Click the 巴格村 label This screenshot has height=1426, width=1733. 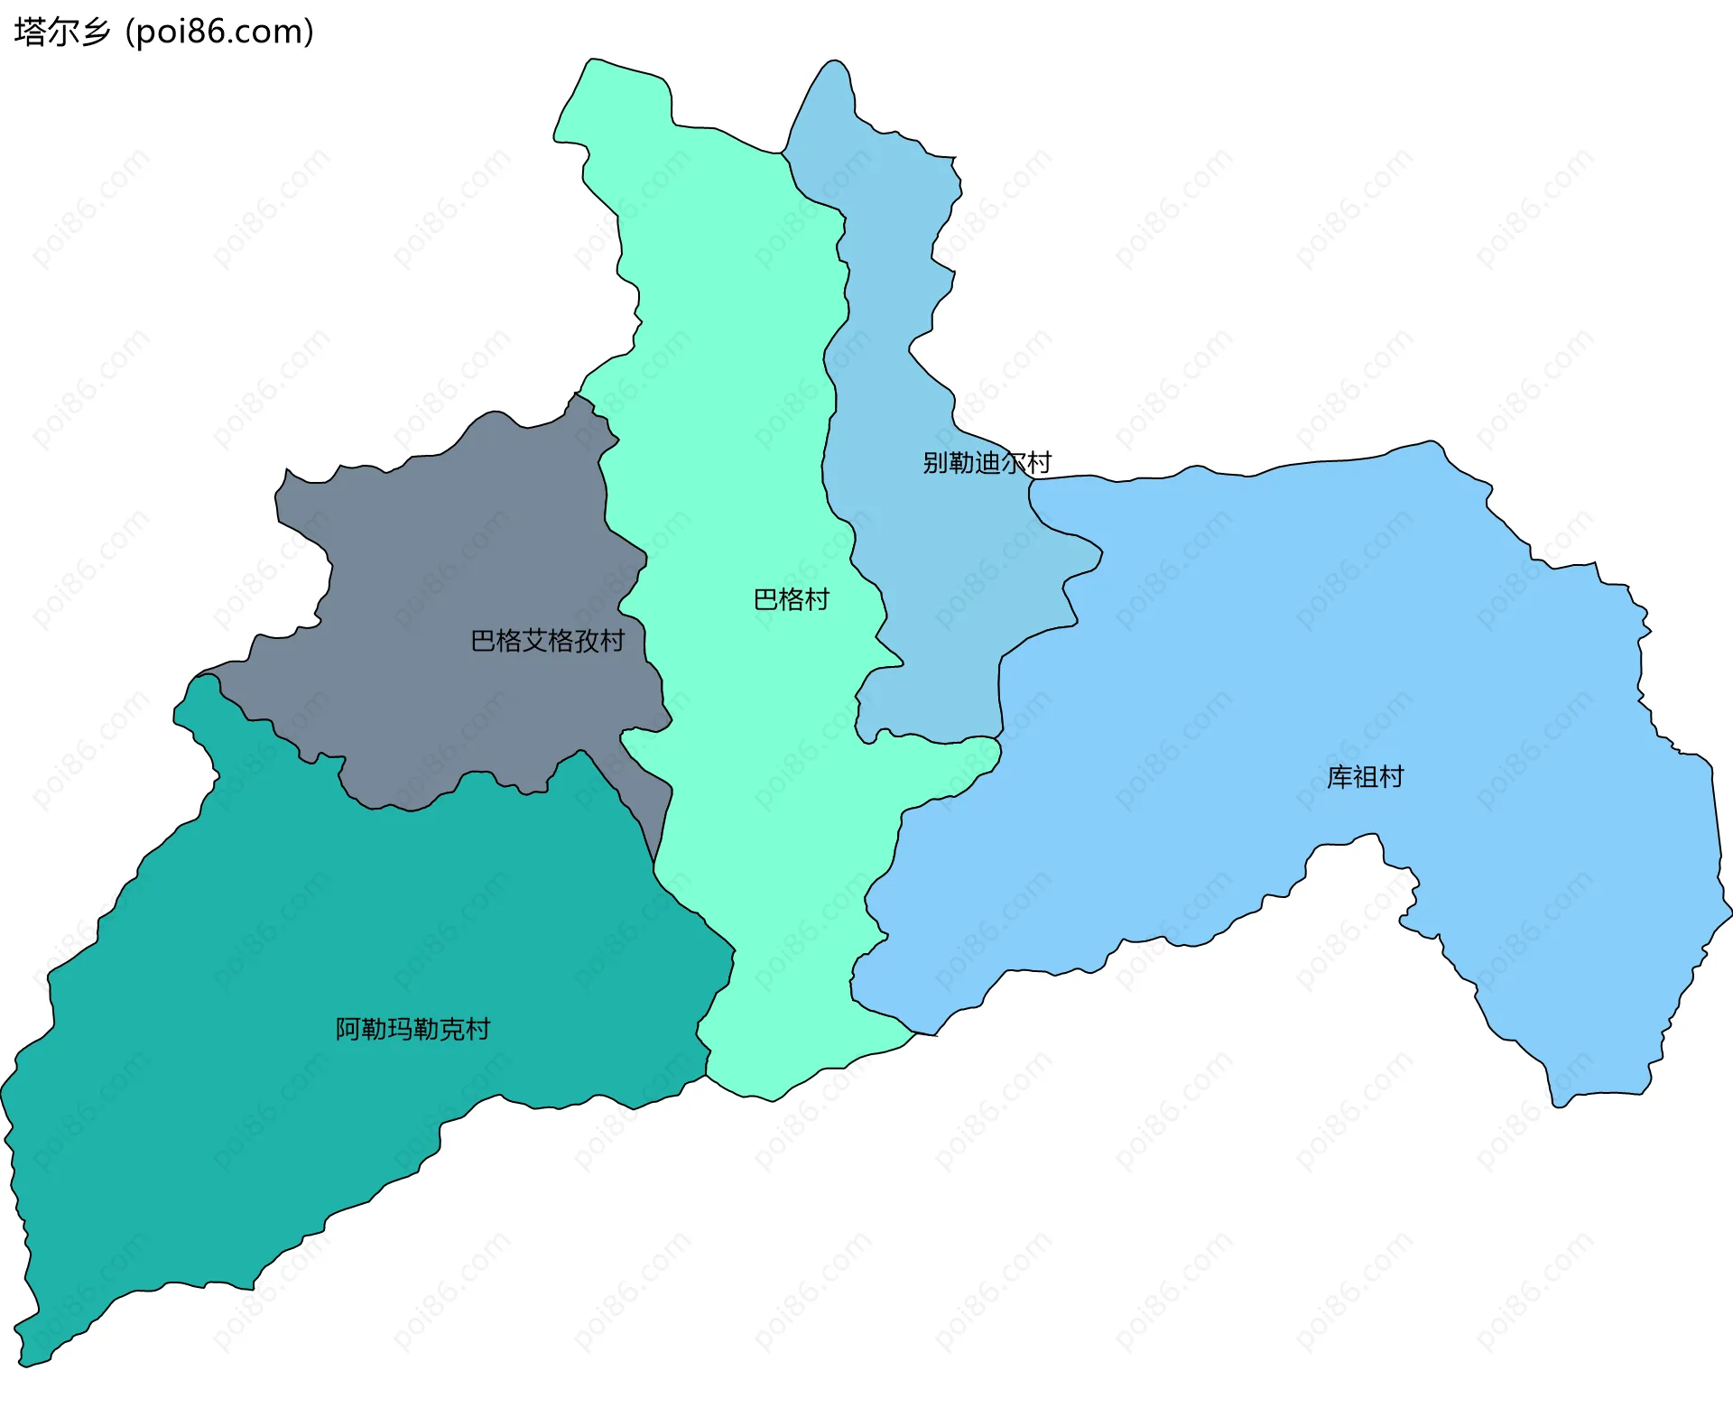coord(791,599)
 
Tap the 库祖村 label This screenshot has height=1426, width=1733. coord(1365,777)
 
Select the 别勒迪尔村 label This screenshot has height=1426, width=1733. coord(987,463)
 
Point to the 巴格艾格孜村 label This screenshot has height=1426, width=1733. coord(548,641)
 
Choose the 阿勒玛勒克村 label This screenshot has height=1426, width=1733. coord(412,1029)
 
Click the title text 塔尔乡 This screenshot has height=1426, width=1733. coord(61,32)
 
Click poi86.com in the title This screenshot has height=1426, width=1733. coord(219,32)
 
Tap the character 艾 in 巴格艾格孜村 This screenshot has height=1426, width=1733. coord(535,641)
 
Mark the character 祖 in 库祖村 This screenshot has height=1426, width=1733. coord(1365,777)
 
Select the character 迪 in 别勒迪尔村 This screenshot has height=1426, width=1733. coord(987,463)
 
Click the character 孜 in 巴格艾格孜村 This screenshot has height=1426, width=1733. coord(587,641)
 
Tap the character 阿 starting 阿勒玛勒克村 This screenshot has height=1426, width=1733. coord(348,1029)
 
